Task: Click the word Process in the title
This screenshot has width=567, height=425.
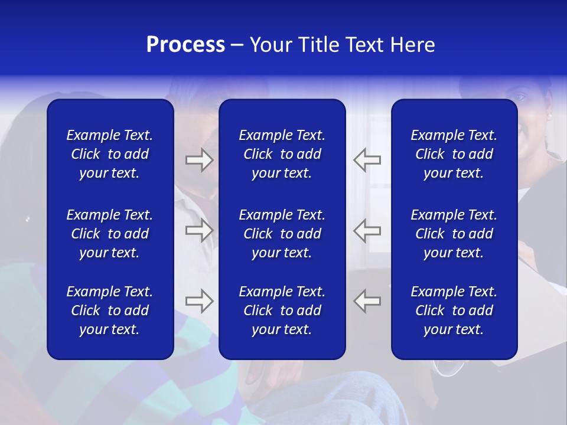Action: (x=185, y=45)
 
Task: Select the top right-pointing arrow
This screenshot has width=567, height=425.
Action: (x=200, y=160)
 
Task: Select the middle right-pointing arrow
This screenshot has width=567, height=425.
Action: (x=200, y=230)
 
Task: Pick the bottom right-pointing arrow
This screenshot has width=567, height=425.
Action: (x=200, y=301)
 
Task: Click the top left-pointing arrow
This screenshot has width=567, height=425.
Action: (x=367, y=160)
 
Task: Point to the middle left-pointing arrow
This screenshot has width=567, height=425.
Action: (x=367, y=230)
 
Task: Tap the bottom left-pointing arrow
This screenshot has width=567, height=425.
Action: (x=367, y=301)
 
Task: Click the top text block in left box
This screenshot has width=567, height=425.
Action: (x=110, y=154)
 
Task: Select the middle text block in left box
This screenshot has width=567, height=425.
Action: (x=110, y=234)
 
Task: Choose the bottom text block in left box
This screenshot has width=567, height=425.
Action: (x=110, y=310)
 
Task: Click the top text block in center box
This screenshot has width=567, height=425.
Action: (x=282, y=154)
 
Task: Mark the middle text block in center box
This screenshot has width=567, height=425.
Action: (x=282, y=234)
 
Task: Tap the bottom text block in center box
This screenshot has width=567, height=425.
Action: (x=282, y=310)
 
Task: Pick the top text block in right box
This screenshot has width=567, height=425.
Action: (x=454, y=154)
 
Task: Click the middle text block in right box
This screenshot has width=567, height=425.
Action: (x=454, y=234)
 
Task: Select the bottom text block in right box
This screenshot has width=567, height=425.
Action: (x=454, y=310)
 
